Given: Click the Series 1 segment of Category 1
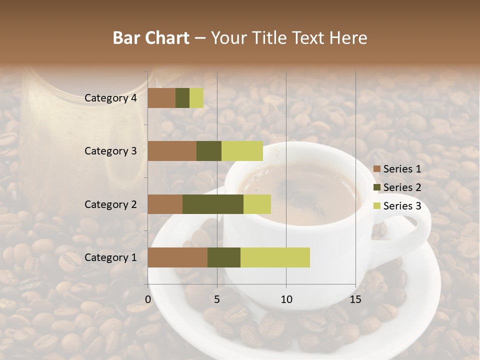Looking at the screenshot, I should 177,257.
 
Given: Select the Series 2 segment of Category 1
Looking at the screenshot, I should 224,257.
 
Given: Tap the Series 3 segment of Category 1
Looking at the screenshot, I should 275,257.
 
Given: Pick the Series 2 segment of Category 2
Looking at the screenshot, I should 213,204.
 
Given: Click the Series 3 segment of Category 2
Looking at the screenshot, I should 257,204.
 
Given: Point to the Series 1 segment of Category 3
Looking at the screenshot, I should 172,151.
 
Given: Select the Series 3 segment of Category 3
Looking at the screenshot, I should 242,151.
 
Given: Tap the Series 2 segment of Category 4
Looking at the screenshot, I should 182,98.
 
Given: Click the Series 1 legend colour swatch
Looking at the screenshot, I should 376,169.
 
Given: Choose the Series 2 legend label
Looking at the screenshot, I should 402,187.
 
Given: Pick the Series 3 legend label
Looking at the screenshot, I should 402,206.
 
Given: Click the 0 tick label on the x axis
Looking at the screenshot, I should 148,299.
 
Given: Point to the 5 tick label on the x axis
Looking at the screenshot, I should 217,299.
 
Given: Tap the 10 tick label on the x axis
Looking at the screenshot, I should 286,299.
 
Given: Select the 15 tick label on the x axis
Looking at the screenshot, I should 355,299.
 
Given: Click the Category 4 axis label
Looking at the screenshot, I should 110,98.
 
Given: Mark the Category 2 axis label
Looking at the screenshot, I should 110,204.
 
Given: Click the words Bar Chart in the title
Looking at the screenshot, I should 151,37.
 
